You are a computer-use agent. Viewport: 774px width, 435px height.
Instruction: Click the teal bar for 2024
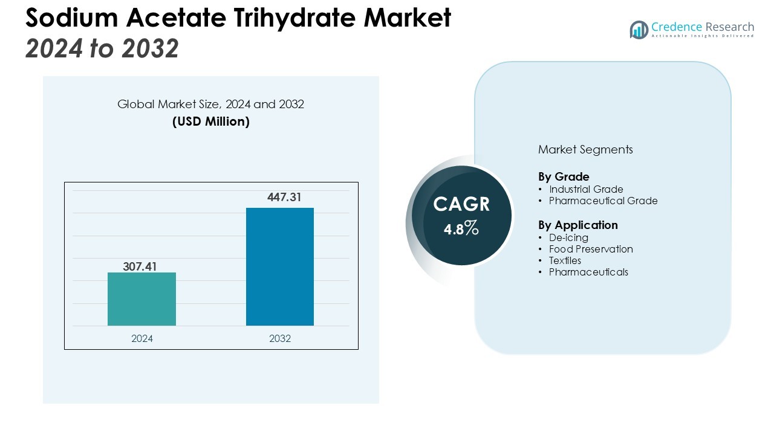pyautogui.click(x=141, y=299)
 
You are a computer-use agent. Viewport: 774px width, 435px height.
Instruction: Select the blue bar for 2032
pyautogui.click(x=279, y=266)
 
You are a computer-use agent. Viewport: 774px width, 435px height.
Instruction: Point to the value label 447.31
pyautogui.click(x=284, y=198)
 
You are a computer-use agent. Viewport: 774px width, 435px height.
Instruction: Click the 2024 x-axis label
pyautogui.click(x=142, y=338)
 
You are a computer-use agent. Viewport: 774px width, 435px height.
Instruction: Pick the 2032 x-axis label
pyautogui.click(x=280, y=338)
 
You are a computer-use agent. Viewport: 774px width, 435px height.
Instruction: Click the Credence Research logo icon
pyautogui.click(x=639, y=30)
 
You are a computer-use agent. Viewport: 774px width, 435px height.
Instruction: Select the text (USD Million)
pyautogui.click(x=210, y=121)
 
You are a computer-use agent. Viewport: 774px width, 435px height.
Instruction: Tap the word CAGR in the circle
pyautogui.click(x=461, y=204)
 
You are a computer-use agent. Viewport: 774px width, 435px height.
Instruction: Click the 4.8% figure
pyautogui.click(x=461, y=229)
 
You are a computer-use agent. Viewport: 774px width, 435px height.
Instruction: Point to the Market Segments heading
pyautogui.click(x=585, y=149)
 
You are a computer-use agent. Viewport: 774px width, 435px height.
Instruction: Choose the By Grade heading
pyautogui.click(x=564, y=177)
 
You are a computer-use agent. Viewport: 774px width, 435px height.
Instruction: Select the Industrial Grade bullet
pyautogui.click(x=585, y=189)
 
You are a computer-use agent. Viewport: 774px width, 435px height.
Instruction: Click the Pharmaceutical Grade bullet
pyautogui.click(x=602, y=201)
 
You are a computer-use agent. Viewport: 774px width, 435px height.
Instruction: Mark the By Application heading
pyautogui.click(x=577, y=225)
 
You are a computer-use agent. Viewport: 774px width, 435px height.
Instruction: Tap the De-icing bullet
pyautogui.click(x=568, y=237)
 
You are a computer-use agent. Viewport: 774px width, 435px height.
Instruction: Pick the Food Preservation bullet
pyautogui.click(x=590, y=249)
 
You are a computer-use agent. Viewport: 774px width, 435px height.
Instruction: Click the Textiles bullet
pyautogui.click(x=565, y=260)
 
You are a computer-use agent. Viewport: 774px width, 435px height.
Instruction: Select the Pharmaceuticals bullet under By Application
pyautogui.click(x=588, y=272)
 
